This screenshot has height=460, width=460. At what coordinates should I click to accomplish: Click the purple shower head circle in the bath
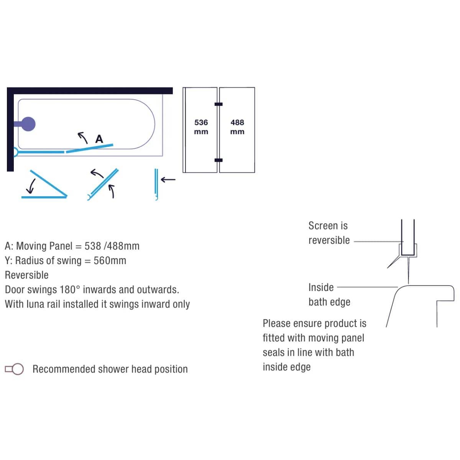coord(28,124)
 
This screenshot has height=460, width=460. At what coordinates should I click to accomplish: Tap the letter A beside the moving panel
coord(99,139)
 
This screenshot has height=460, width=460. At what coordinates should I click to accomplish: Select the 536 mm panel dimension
coord(201,127)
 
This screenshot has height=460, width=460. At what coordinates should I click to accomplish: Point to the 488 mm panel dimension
coord(237,127)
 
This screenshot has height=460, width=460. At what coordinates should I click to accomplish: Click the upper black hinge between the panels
coord(219,104)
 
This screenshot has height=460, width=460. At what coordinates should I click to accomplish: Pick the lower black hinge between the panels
coord(219,160)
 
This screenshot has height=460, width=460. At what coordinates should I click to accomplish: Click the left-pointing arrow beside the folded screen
coord(168,179)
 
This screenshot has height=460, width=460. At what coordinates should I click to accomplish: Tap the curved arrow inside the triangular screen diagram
coord(31,186)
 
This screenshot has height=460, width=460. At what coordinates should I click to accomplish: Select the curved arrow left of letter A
coord(82,138)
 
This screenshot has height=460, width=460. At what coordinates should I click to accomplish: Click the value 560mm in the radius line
coord(110,260)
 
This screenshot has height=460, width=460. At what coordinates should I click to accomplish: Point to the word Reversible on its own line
coord(27,275)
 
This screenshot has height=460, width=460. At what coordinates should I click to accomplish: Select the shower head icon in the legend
coord(14,369)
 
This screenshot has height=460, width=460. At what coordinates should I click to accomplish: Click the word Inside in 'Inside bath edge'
coord(321,287)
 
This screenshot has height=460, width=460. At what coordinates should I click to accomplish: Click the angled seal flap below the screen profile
coord(394,262)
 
